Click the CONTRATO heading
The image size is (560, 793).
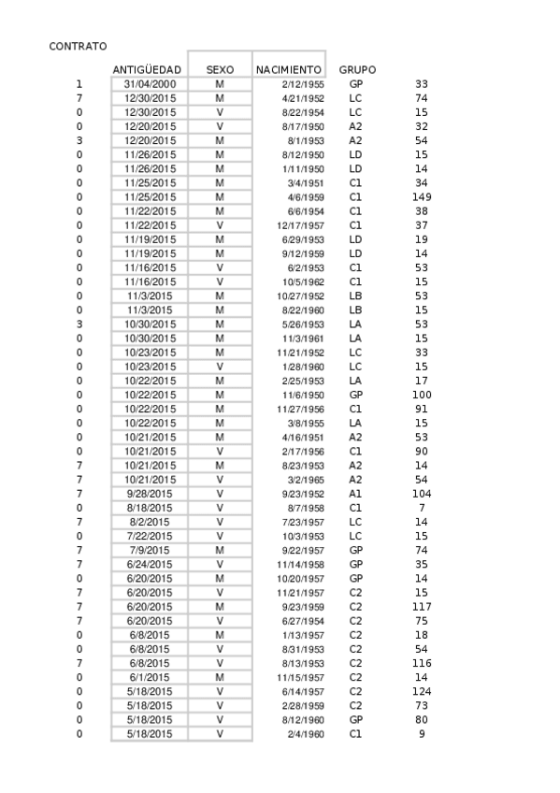coord(78,46)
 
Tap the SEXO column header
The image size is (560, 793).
coord(220,70)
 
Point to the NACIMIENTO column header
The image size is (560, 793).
coord(289,70)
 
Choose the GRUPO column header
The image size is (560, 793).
coord(357,70)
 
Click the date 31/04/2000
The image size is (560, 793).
coord(150,84)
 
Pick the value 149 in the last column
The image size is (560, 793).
coord(421,197)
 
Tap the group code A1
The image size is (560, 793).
coord(355,493)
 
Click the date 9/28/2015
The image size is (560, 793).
coord(150,493)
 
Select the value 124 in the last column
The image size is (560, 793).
coord(421,691)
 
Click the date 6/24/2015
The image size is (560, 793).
coord(150,564)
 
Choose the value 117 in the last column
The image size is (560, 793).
coord(421,606)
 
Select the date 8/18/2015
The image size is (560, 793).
coord(150,507)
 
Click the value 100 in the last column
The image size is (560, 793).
coord(421,395)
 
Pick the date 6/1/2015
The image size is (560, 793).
coord(150,677)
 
